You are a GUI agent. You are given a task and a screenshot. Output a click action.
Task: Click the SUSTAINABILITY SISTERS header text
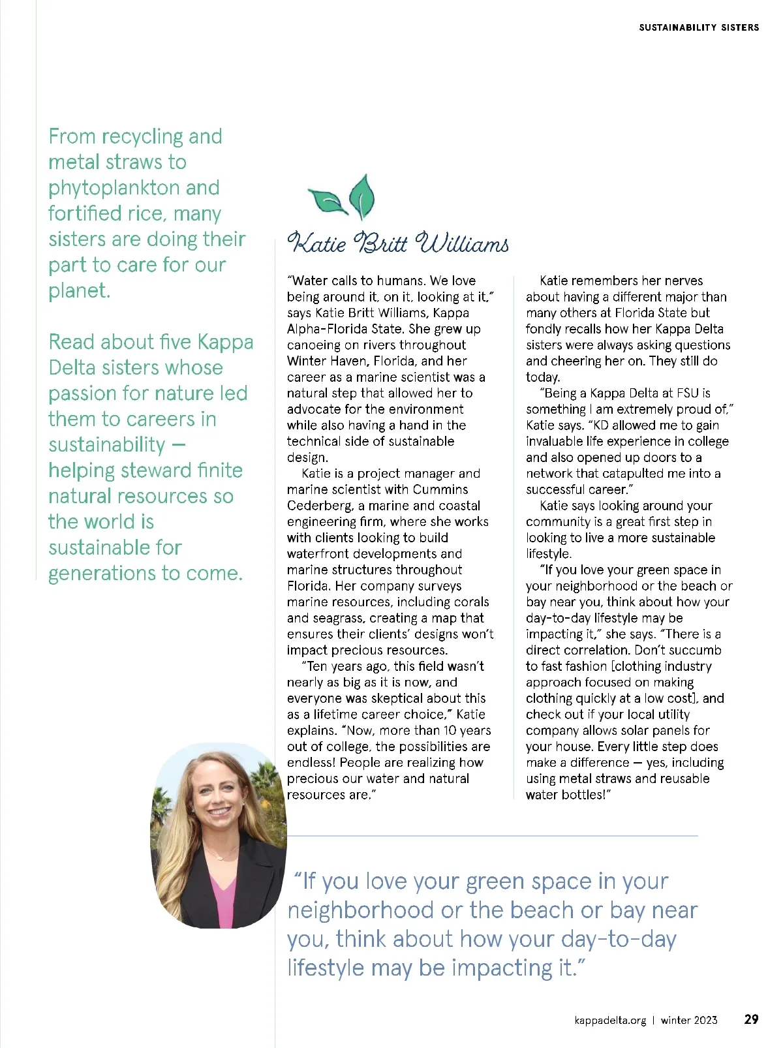699,27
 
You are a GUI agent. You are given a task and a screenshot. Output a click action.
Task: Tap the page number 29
751,1019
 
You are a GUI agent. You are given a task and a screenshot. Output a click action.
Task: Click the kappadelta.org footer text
610,1020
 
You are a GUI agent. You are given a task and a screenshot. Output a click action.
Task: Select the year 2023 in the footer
705,1020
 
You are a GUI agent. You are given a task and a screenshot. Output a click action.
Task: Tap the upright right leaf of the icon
362,195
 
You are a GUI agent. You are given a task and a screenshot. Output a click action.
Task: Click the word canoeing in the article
314,345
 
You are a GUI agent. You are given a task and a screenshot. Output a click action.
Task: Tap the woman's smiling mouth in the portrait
218,812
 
